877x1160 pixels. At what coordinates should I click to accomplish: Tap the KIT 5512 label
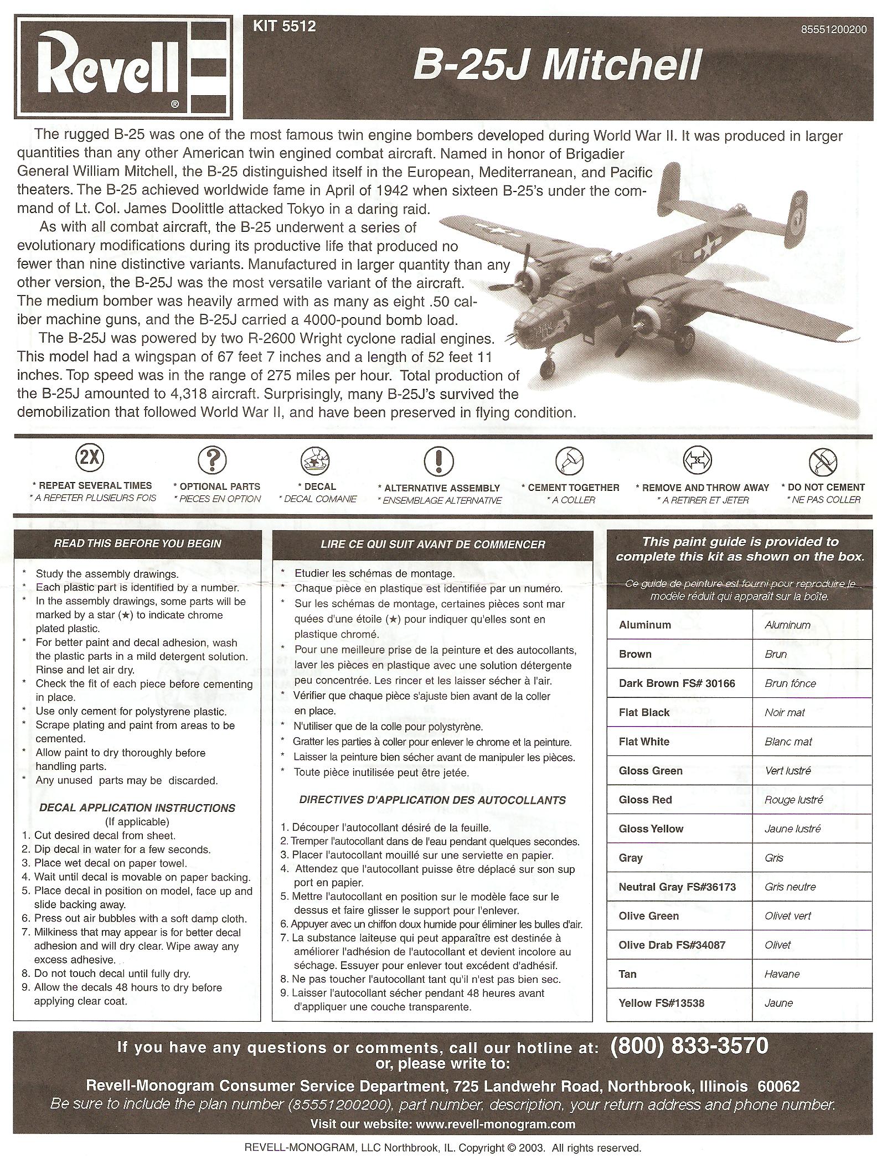[284, 26]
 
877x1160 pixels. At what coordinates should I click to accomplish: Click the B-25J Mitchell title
[557, 66]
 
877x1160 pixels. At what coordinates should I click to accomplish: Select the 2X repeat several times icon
[90, 458]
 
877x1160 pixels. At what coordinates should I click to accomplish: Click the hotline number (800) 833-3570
[689, 1046]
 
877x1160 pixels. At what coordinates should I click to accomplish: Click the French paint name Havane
[782, 974]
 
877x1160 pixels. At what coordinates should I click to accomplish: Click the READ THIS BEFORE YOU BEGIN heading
[137, 543]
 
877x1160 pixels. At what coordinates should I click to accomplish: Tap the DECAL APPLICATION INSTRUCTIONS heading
[137, 808]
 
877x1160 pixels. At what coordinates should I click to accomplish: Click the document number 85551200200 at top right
[833, 30]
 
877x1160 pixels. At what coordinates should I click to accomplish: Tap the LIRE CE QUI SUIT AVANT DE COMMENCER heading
[432, 545]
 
